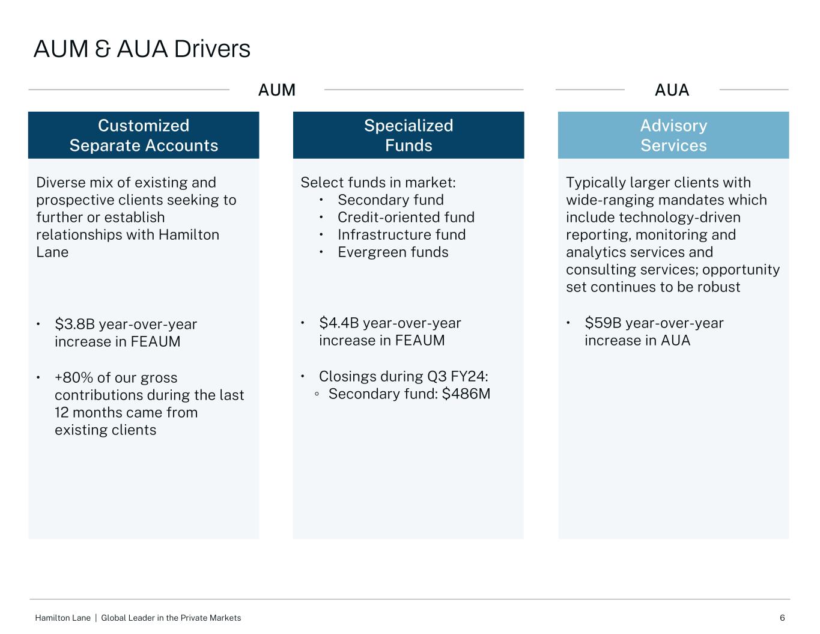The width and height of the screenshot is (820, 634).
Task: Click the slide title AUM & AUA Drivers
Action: [142, 49]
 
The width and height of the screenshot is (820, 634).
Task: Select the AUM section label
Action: [277, 90]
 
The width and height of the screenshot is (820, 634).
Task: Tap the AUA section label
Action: [672, 90]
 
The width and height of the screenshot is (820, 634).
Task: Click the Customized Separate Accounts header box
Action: [144, 135]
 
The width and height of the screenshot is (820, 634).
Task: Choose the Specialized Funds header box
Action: [408, 135]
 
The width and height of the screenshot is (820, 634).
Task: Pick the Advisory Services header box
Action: [673, 135]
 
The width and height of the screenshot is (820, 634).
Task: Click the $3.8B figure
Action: [74, 325]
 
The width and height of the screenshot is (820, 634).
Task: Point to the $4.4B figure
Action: [339, 323]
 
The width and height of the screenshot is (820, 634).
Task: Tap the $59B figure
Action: [603, 323]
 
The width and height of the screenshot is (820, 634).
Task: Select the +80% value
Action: [74, 378]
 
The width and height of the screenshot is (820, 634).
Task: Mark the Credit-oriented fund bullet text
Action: [405, 218]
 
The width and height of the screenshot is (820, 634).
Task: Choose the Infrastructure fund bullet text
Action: [401, 235]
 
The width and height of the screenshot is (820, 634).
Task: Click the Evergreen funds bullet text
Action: [393, 252]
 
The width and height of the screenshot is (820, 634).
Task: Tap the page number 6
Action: [782, 618]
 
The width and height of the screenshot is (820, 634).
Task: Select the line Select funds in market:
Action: [378, 183]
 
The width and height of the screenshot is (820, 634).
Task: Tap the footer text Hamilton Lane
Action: [62, 618]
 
